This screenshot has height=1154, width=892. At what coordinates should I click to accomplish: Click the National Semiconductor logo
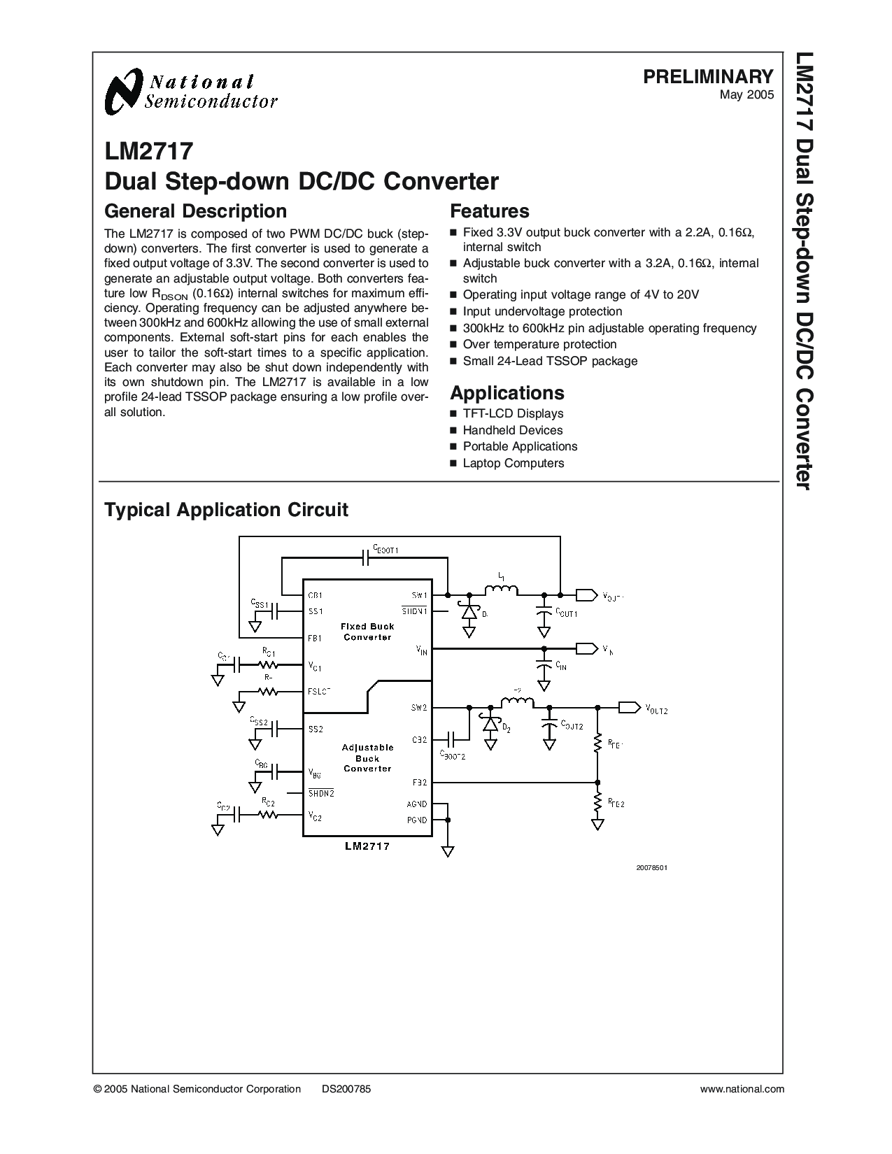190,92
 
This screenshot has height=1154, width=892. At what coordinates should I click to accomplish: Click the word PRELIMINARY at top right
708,76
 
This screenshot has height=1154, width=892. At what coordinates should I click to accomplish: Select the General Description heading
195,211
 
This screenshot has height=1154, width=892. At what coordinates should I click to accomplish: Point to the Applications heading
507,392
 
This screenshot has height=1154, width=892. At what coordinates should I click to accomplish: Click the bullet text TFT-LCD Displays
513,413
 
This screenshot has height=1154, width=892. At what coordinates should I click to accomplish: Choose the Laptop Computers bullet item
513,463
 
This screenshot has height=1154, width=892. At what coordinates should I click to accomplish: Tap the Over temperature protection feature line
539,344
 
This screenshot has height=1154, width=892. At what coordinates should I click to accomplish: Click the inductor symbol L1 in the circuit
502,591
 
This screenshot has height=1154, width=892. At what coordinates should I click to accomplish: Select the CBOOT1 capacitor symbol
366,557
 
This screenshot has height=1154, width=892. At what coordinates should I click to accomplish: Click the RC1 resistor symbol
267,664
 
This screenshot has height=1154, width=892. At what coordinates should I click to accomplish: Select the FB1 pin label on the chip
315,638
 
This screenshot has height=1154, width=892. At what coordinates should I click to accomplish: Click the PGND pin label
418,820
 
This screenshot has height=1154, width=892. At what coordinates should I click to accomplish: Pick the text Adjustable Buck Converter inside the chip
367,758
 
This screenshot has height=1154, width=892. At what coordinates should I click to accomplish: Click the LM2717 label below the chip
367,846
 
